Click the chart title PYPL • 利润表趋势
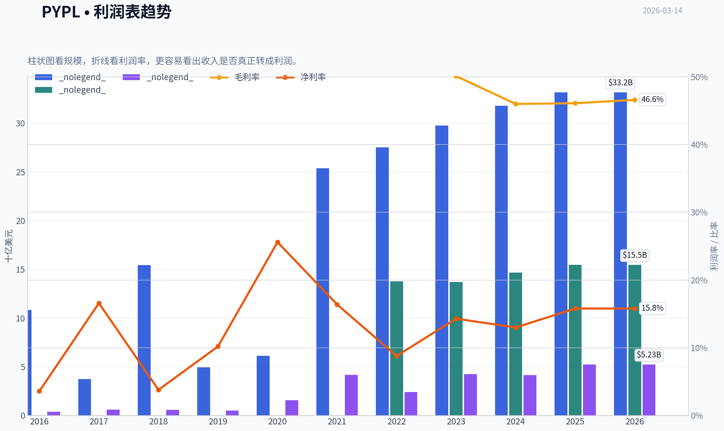(x=106, y=12)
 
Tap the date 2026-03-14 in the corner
(x=662, y=11)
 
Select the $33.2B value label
(x=620, y=82)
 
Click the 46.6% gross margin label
(x=652, y=99)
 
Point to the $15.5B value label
(x=634, y=255)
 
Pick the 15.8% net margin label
(x=652, y=308)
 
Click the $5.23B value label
(x=649, y=355)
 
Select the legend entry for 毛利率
(x=234, y=77)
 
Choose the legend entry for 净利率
(x=301, y=77)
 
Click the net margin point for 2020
(x=278, y=242)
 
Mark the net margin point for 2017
(x=99, y=303)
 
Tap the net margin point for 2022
(x=397, y=356)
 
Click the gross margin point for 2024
(x=516, y=104)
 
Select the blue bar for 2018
(x=144, y=340)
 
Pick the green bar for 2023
(x=456, y=349)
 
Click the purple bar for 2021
(x=351, y=395)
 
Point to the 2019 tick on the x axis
(x=218, y=421)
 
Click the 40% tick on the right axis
(x=699, y=145)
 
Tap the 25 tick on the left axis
(x=20, y=172)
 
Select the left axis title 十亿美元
(x=9, y=246)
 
